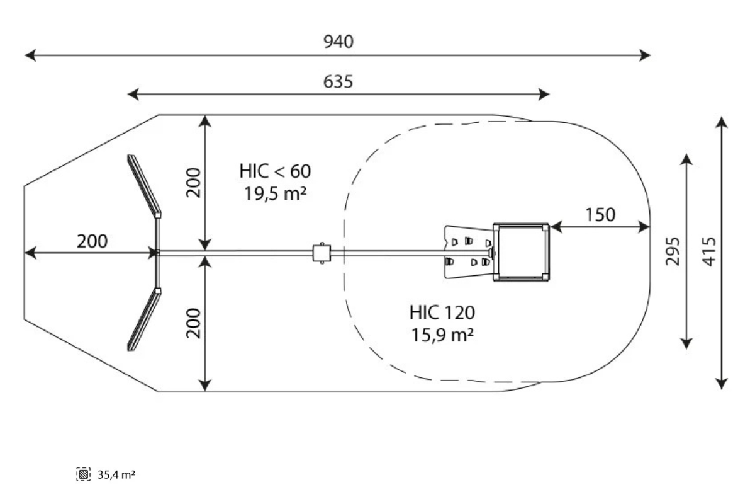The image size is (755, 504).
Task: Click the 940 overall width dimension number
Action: tap(338, 42)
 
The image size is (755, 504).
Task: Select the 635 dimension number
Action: tap(338, 81)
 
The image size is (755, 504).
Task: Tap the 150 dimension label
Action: tap(600, 214)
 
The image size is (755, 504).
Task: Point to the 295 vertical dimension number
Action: tap(673, 251)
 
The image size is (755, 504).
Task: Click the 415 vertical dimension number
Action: tap(709, 251)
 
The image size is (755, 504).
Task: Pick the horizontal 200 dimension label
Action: tap(92, 241)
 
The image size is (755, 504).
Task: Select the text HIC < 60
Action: tap(275, 171)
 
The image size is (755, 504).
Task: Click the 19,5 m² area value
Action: tap(275, 194)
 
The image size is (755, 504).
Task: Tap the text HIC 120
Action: tap(442, 312)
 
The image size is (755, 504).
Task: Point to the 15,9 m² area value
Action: tap(442, 335)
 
